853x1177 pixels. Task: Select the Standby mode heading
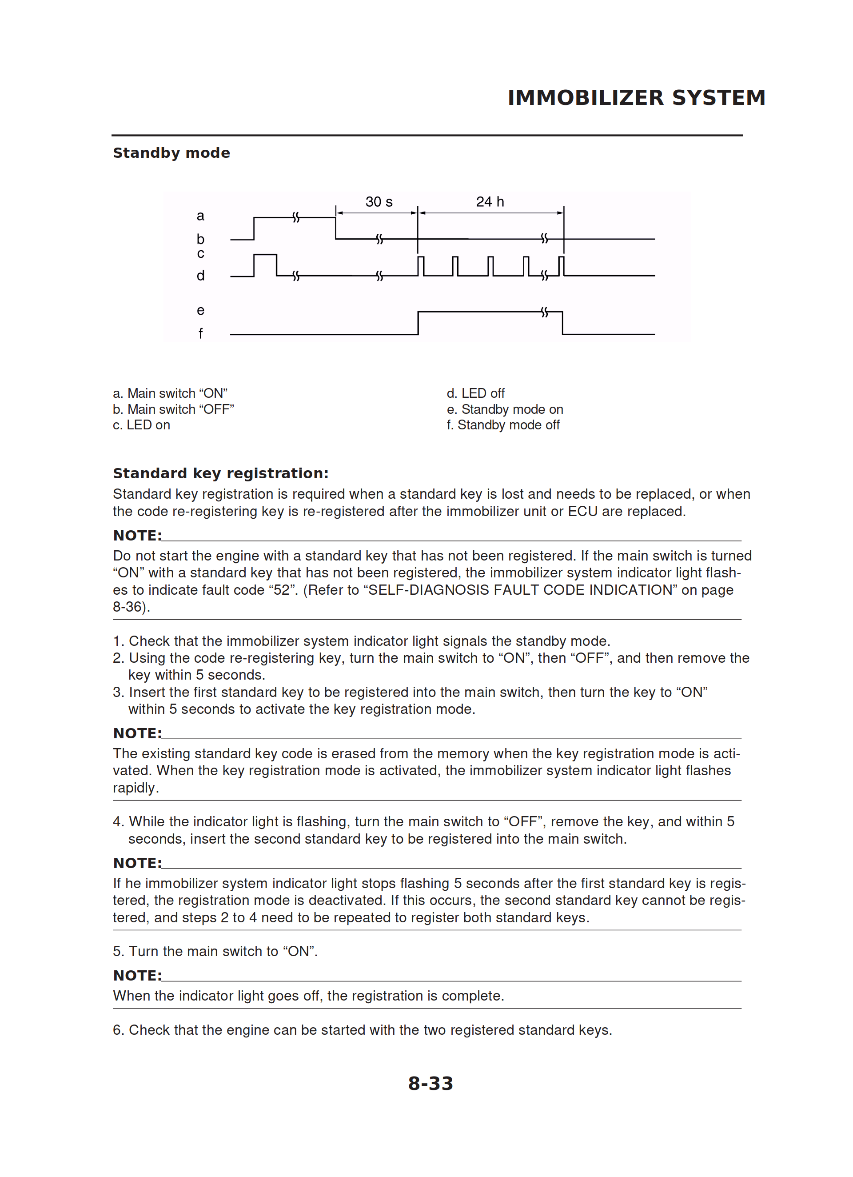(171, 153)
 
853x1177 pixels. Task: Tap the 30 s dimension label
(379, 202)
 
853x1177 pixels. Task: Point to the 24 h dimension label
(490, 202)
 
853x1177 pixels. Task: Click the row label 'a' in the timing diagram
(200, 216)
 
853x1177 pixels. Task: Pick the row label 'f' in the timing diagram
(200, 334)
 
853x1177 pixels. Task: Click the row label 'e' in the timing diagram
(200, 310)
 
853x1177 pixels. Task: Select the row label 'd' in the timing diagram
(200, 276)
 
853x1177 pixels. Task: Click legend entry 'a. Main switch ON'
(170, 393)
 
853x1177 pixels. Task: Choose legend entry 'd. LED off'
(475, 393)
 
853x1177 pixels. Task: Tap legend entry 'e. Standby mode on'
(504, 409)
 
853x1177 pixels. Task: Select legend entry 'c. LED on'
(141, 425)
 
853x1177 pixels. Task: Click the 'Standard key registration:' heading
(220, 473)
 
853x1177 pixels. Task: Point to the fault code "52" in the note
(282, 590)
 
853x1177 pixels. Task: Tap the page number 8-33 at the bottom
(430, 1084)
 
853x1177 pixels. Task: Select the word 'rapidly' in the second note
(134, 788)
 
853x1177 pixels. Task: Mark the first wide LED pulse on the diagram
(265, 264)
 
